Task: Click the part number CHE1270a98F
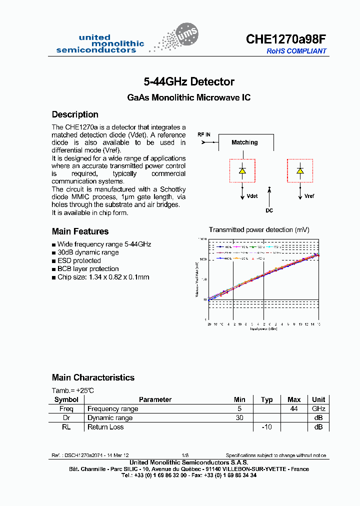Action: pyautogui.click(x=286, y=39)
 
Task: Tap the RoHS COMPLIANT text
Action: pyautogui.click(x=296, y=51)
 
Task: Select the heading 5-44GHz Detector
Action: pyautogui.click(x=189, y=81)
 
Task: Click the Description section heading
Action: pyautogui.click(x=75, y=114)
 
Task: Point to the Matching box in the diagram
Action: pyautogui.click(x=244, y=142)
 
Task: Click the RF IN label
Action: pyautogui.click(x=203, y=135)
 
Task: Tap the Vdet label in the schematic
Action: pyautogui.click(x=252, y=196)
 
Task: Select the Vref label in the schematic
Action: pyautogui.click(x=309, y=196)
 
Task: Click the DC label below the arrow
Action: pyautogui.click(x=269, y=210)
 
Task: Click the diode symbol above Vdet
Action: pyautogui.click(x=242, y=170)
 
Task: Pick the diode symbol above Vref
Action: pyautogui.click(x=300, y=170)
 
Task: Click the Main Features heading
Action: pyautogui.click(x=80, y=231)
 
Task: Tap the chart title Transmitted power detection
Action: pyautogui.click(x=259, y=229)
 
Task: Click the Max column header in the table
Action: pyautogui.click(x=294, y=399)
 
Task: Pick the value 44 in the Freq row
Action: pyautogui.click(x=294, y=408)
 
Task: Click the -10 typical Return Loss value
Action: pyautogui.click(x=266, y=426)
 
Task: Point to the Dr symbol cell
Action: pyautogui.click(x=66, y=417)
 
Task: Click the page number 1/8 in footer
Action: pyautogui.click(x=185, y=455)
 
